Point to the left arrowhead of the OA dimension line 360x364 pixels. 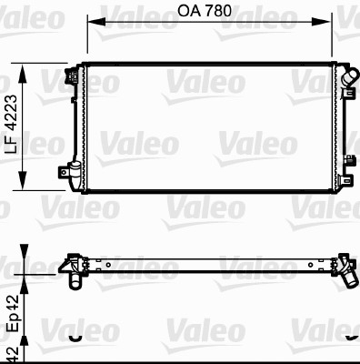[x=91, y=20]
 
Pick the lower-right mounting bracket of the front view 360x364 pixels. [x=347, y=164]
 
